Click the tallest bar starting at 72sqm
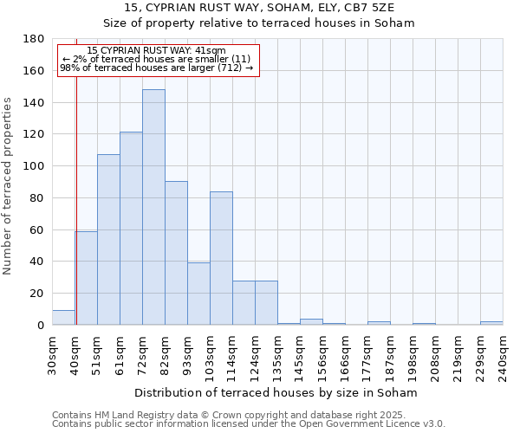(153, 208)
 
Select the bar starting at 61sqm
(131, 229)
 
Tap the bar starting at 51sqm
(108, 240)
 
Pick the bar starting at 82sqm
(176, 253)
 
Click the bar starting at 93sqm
(198, 294)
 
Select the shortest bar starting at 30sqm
(63, 318)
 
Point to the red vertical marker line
(76, 199)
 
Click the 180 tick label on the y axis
(34, 39)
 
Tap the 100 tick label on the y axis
(34, 166)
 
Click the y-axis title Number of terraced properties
(9, 185)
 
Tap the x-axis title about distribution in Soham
(276, 393)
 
